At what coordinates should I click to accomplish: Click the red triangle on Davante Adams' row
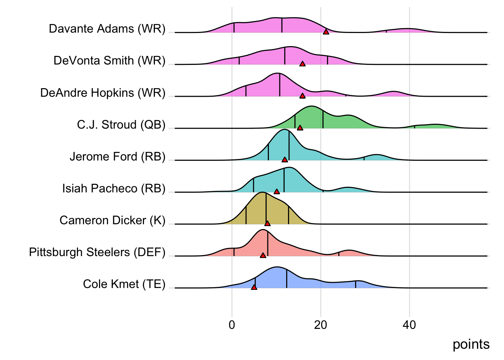tap(326, 32)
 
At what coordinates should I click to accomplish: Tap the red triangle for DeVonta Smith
tap(303, 64)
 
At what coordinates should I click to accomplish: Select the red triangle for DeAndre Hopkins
tap(303, 96)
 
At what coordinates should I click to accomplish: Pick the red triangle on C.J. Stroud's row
tap(300, 128)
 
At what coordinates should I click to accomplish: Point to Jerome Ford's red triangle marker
tap(285, 160)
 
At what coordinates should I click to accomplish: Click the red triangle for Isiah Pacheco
tap(277, 192)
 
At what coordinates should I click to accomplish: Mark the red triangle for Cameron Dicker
tap(267, 224)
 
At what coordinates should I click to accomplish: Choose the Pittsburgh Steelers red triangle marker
tap(263, 256)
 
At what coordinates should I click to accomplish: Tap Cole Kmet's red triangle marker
tap(254, 288)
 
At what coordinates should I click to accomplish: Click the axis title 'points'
tap(471, 344)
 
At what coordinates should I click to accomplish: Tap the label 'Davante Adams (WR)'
tap(107, 29)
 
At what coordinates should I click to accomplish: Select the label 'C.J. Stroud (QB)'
tap(121, 124)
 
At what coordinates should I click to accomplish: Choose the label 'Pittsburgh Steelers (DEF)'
tap(97, 252)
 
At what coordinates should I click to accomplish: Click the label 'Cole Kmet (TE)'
tap(124, 284)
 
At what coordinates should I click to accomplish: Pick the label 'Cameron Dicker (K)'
tap(112, 220)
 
